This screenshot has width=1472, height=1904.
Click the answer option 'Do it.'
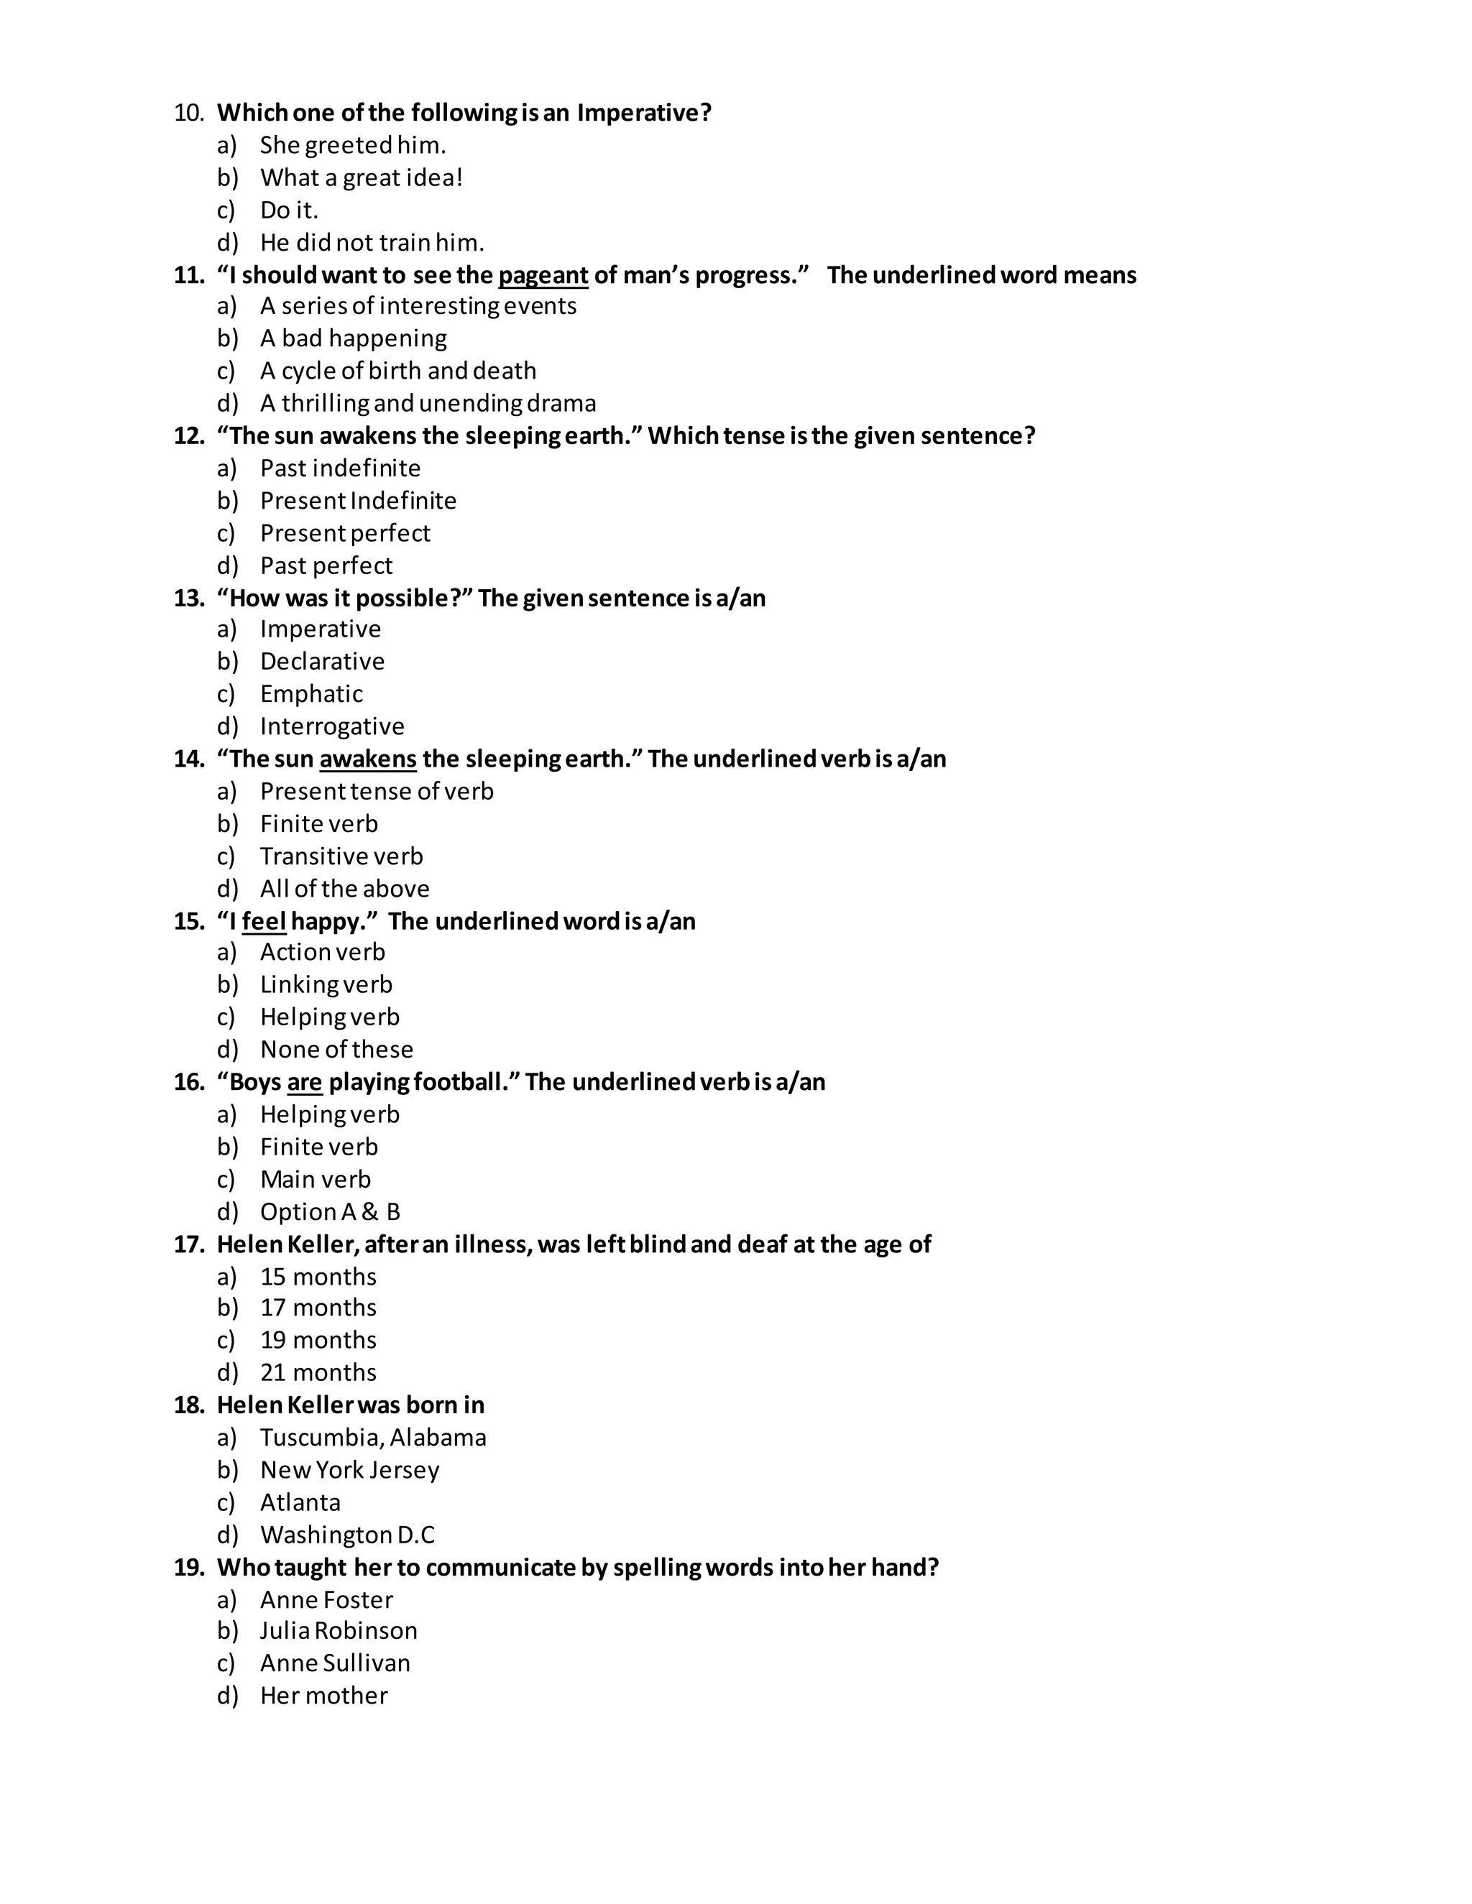coord(289,210)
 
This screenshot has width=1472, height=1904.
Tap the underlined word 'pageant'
coord(543,275)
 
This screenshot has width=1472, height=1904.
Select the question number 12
coord(188,436)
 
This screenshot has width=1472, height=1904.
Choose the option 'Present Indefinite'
coord(357,500)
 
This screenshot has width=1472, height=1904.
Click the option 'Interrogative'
coord(331,726)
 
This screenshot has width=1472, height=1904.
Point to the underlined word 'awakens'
coord(368,759)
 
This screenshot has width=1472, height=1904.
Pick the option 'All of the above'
coord(344,888)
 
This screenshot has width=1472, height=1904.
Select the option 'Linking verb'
coord(326,984)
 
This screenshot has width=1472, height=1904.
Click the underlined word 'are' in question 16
coord(304,1083)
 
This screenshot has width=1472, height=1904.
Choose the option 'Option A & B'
coord(330,1212)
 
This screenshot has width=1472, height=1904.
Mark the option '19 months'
coord(318,1340)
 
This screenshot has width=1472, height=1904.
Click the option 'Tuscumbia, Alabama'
coord(373,1438)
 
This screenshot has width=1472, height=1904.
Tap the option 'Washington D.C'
coord(347,1535)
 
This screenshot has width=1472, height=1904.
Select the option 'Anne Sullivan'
coord(335,1663)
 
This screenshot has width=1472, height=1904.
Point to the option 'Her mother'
coord(323,1696)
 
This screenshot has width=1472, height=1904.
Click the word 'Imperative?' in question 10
coord(645,114)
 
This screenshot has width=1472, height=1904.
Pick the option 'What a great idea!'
coord(361,178)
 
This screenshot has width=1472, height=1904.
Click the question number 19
coord(188,1568)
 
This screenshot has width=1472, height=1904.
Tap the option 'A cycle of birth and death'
coord(397,371)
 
